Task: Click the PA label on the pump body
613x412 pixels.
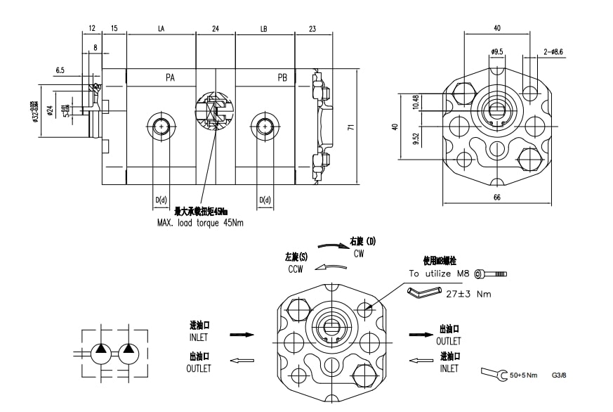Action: tap(170, 77)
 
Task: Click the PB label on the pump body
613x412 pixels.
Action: tap(282, 77)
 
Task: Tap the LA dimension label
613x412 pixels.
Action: tap(161, 30)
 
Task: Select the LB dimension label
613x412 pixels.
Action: tap(264, 30)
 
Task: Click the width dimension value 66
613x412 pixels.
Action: tap(497, 198)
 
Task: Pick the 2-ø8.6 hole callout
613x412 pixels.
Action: tap(553, 51)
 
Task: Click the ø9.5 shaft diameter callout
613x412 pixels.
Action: tap(496, 51)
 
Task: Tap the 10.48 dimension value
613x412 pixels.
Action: tap(416, 102)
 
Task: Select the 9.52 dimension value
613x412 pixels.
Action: tap(416, 138)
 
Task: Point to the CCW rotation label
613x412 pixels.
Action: tap(295, 269)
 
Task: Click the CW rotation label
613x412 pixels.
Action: tap(359, 252)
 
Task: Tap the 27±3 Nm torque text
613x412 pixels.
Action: tap(468, 294)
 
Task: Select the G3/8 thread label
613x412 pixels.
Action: tap(559, 376)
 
